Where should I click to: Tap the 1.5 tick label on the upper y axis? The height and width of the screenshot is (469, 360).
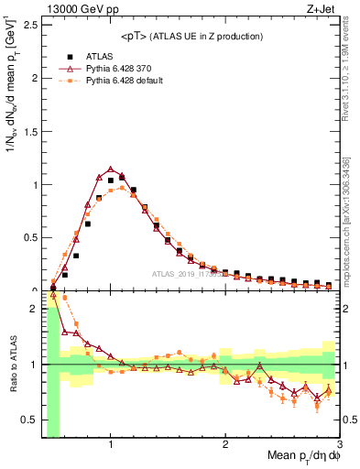pos(30,131)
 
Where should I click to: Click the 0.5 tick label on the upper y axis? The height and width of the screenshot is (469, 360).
pos(30,237)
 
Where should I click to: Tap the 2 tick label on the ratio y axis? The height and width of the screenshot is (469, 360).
pos(34,308)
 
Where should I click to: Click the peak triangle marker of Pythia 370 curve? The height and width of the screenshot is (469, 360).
pos(110,169)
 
